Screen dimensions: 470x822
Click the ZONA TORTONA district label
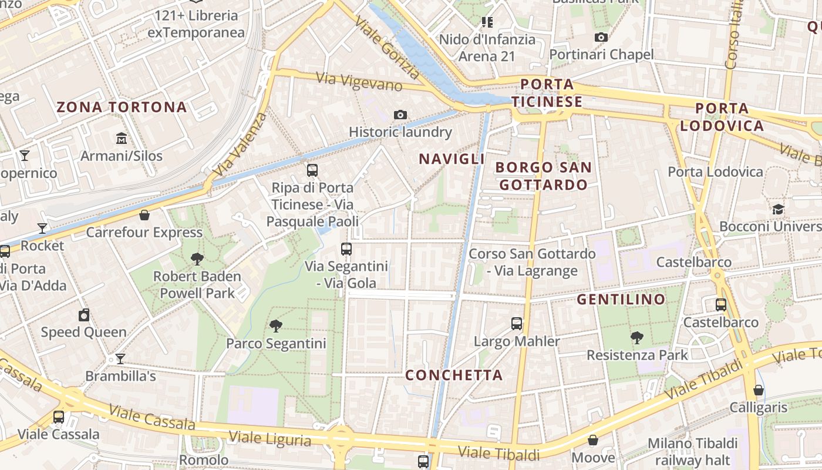(x=122, y=107)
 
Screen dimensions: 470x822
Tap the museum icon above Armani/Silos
(x=122, y=139)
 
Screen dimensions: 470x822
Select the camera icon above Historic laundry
(x=400, y=115)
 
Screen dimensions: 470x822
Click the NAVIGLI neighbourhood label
(x=452, y=159)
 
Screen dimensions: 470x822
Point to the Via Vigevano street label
(x=359, y=81)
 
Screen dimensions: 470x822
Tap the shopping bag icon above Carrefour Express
(x=144, y=215)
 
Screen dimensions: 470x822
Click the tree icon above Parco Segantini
(x=276, y=325)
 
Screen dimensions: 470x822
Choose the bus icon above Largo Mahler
(x=517, y=324)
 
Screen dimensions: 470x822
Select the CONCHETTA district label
(x=454, y=375)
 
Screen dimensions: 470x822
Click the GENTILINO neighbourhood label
(x=621, y=300)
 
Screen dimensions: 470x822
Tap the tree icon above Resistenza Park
(x=637, y=337)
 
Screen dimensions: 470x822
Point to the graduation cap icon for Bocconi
(x=778, y=209)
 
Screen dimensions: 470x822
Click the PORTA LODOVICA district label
(x=722, y=117)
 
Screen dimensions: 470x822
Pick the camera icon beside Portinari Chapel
(x=601, y=38)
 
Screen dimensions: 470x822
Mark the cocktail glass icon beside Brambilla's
(x=120, y=358)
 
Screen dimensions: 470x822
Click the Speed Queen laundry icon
(x=84, y=315)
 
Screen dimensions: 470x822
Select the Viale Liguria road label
(x=269, y=438)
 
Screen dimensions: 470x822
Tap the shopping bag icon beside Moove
(x=593, y=440)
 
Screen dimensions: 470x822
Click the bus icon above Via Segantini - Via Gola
(x=346, y=249)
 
